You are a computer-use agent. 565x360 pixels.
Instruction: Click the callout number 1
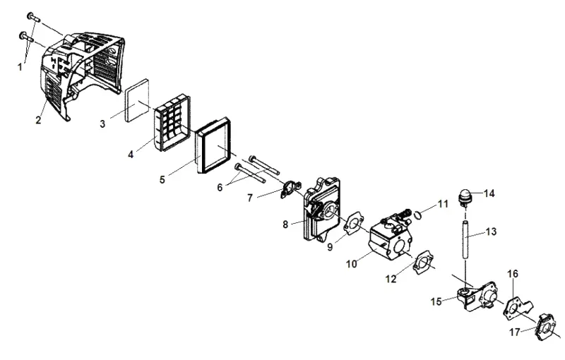(20, 67)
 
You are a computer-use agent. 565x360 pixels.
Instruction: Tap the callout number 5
(162, 179)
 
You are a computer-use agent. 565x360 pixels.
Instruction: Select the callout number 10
(351, 264)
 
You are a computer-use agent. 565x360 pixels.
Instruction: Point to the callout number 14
(489, 193)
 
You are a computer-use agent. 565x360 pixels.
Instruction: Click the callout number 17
(515, 332)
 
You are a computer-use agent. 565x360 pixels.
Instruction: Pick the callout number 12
(391, 279)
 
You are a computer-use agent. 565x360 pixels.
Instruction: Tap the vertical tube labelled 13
(466, 241)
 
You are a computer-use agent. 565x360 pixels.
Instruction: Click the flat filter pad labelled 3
(137, 100)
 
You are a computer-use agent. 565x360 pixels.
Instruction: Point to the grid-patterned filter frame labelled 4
(172, 122)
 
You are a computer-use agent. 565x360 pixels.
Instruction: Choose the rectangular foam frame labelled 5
(213, 145)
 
